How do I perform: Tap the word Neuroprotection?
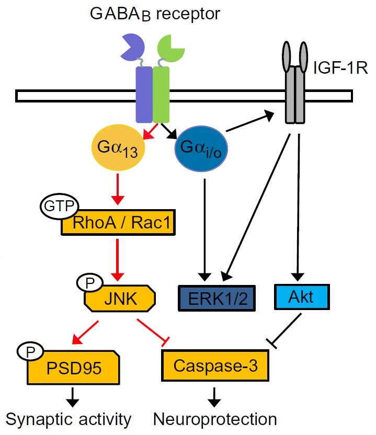pyautogui.click(x=215, y=418)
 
